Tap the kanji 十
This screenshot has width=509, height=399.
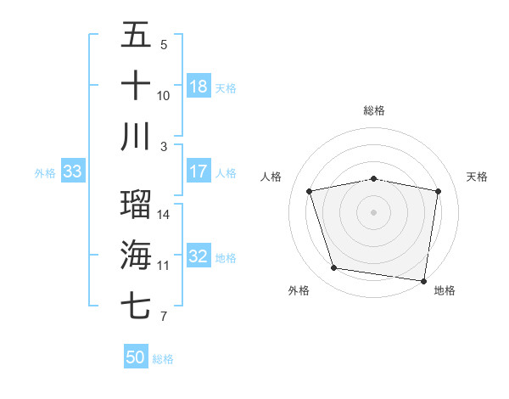pyautogui.click(x=136, y=86)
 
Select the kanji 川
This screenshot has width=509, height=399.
pyautogui.click(x=136, y=137)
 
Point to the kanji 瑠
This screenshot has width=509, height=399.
pyautogui.click(x=136, y=205)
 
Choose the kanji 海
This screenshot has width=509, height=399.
pyautogui.click(x=136, y=256)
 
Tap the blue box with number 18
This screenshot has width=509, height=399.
pyautogui.click(x=199, y=87)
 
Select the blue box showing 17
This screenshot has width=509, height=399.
pyautogui.click(x=199, y=171)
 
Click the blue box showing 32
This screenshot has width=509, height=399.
pyautogui.click(x=199, y=256)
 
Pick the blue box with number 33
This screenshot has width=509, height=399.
pyautogui.click(x=72, y=171)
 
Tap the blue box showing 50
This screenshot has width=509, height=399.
pyautogui.click(x=136, y=357)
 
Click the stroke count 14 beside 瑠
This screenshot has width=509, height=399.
pyautogui.click(x=164, y=214)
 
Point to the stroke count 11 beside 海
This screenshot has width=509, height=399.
pyautogui.click(x=163, y=266)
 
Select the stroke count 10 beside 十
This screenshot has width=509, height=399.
pyautogui.click(x=164, y=96)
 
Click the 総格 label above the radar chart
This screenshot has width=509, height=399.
pyautogui.click(x=374, y=110)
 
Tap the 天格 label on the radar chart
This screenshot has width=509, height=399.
pyautogui.click(x=478, y=177)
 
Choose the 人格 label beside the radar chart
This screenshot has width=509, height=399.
pyautogui.click(x=271, y=177)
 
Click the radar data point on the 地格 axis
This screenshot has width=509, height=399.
pyautogui.click(x=423, y=280)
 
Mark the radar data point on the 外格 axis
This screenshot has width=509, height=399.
pyautogui.click(x=334, y=268)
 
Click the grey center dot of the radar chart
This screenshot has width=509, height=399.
pyautogui.click(x=374, y=211)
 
